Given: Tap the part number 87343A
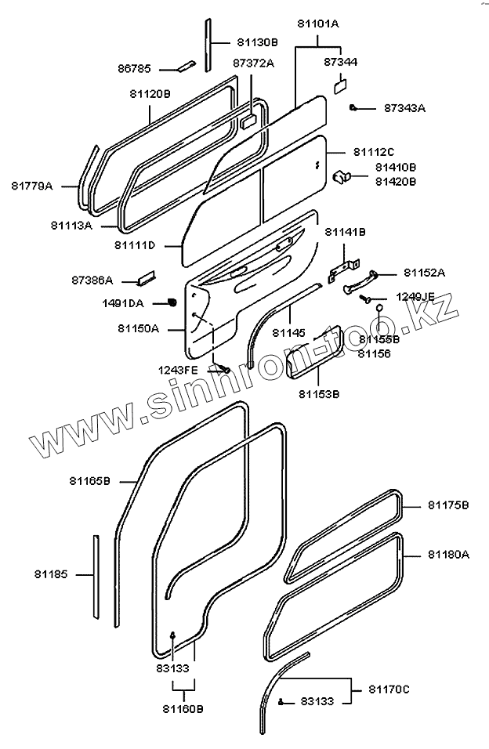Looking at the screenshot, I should click(404, 108).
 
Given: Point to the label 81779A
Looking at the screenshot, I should click(32, 186).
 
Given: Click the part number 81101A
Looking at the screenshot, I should click(319, 24).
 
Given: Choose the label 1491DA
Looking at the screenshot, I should click(123, 302).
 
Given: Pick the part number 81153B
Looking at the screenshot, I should click(319, 394).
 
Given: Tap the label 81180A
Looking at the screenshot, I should click(448, 554).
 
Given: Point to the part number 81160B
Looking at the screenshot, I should click(183, 709).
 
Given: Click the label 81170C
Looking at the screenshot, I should click(389, 689).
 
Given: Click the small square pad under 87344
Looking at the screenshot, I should click(341, 84).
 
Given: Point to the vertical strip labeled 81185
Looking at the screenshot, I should click(97, 578).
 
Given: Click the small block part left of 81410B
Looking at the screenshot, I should click(342, 175).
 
